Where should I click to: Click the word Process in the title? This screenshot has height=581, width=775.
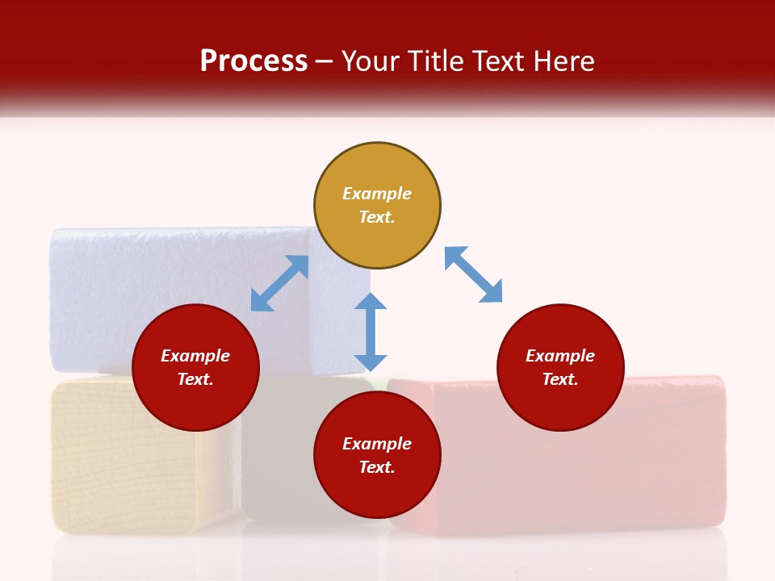(253, 61)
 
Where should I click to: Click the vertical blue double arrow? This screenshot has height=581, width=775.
(371, 332)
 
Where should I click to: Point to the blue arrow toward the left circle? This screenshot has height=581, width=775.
(279, 283)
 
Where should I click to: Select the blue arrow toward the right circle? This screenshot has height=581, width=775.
(473, 275)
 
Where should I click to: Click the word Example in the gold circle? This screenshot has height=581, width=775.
(377, 194)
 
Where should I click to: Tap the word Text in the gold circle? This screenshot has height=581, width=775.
(376, 217)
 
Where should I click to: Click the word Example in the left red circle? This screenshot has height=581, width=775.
(195, 356)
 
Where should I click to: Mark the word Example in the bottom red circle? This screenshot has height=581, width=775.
(377, 444)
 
